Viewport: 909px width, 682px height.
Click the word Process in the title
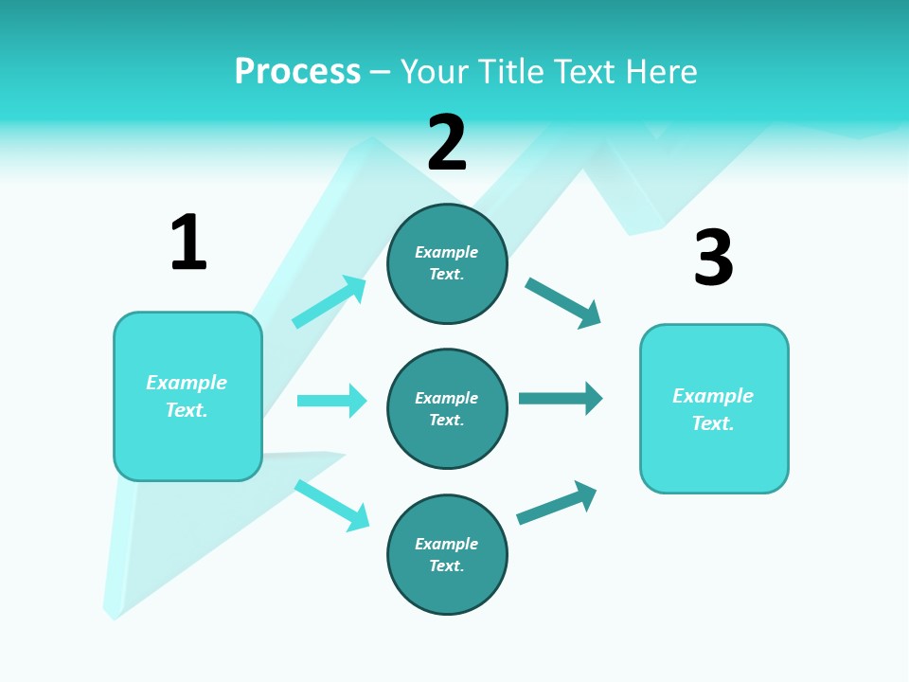(297, 72)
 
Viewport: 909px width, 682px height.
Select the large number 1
(188, 242)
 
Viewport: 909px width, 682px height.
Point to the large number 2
(447, 143)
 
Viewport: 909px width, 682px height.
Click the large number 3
(713, 258)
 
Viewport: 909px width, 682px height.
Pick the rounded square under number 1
(187, 396)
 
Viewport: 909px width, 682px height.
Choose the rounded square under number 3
(714, 409)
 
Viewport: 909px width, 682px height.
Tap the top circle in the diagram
(447, 263)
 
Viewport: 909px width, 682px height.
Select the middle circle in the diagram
(447, 409)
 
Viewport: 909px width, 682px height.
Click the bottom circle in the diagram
(447, 554)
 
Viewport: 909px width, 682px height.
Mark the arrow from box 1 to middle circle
(331, 401)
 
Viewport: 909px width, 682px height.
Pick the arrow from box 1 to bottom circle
(331, 505)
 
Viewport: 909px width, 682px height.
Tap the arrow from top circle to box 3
(562, 302)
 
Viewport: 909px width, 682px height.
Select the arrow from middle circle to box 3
(560, 398)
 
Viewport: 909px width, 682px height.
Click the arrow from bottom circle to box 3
(557, 503)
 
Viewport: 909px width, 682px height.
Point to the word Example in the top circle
(446, 252)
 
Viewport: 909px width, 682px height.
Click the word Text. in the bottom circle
(446, 565)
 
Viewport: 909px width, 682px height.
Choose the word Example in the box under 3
(713, 396)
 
